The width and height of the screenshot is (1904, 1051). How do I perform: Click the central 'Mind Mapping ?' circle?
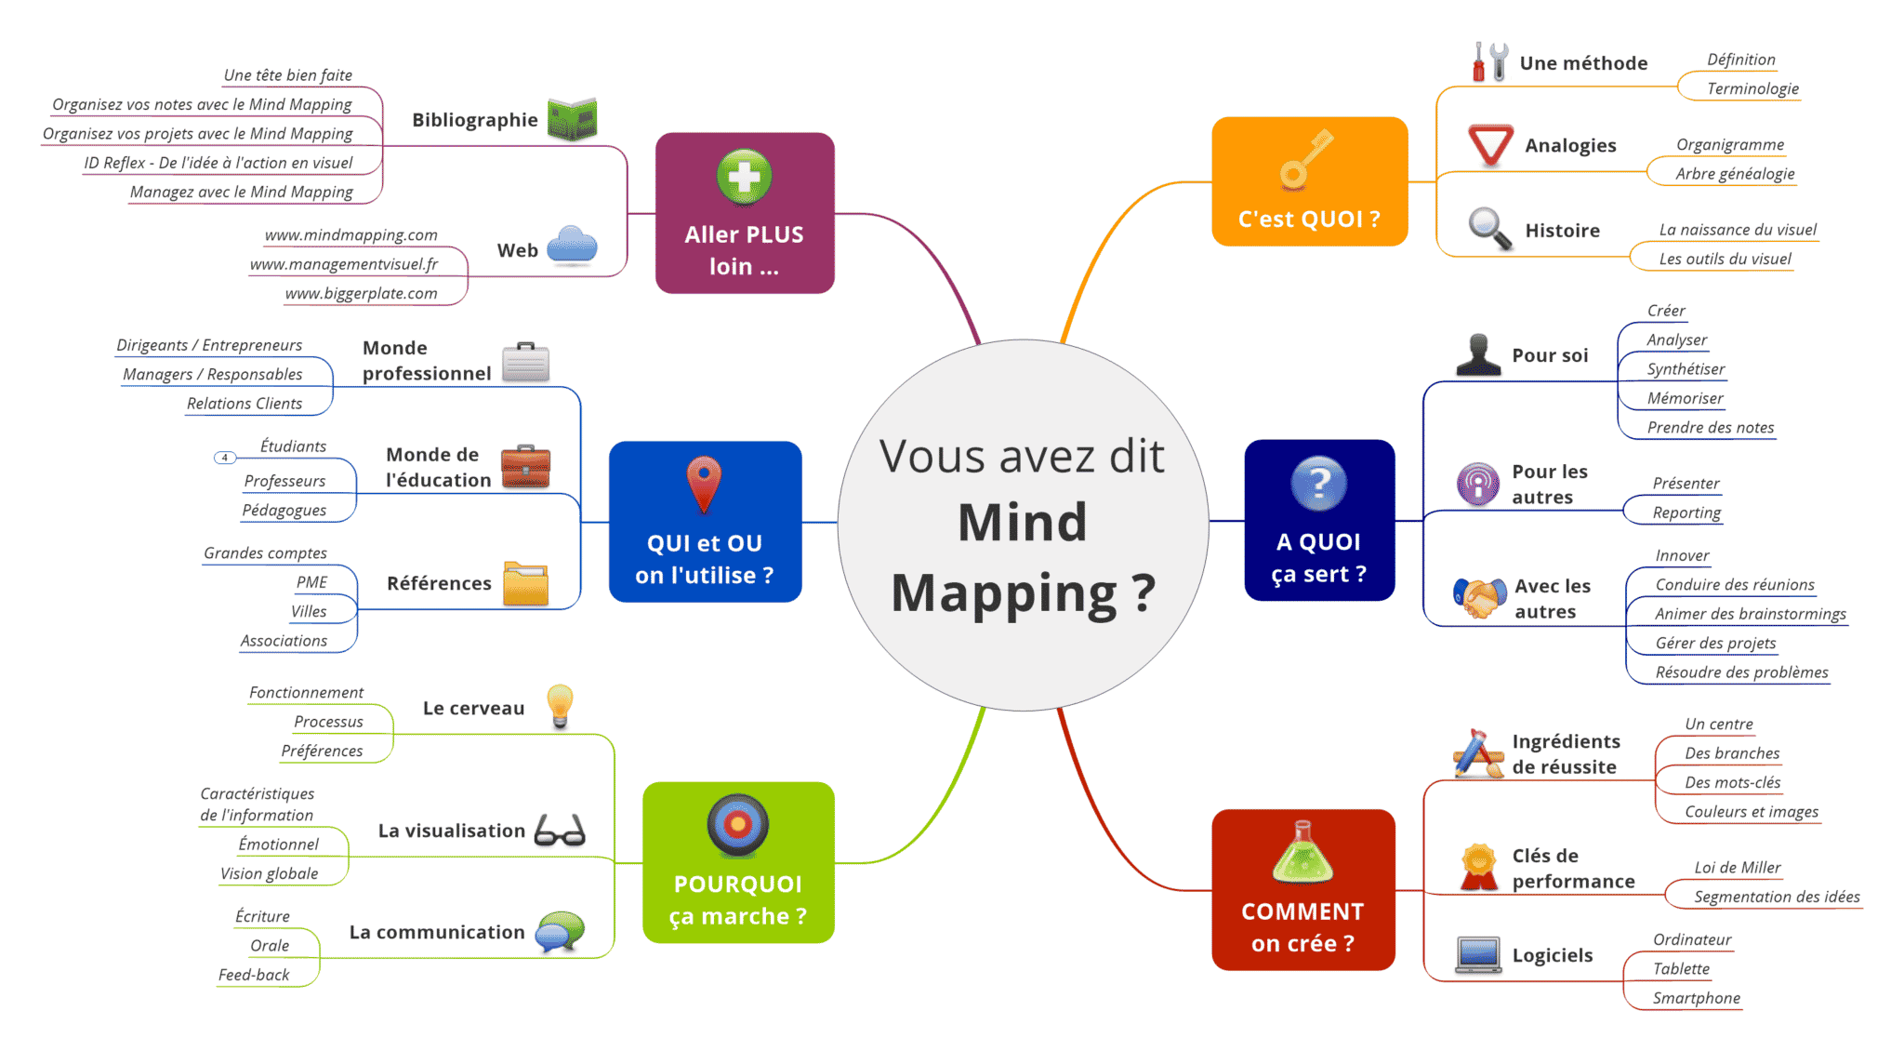[x=1023, y=525]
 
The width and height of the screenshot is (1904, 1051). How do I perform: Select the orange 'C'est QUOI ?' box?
[x=1309, y=182]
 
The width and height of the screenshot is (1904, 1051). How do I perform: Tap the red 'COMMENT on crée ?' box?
[x=1302, y=889]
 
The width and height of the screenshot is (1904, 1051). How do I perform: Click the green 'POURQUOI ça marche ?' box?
[x=738, y=862]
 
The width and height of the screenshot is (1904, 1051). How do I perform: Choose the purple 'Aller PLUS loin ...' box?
[x=744, y=213]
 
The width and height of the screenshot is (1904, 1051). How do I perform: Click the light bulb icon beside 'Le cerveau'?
[x=560, y=706]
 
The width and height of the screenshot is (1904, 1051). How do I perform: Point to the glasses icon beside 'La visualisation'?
[x=560, y=830]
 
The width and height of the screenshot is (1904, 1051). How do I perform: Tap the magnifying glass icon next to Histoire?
[x=1488, y=229]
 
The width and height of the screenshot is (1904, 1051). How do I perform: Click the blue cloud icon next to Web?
[x=572, y=246]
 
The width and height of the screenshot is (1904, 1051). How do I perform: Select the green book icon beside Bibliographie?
[x=572, y=119]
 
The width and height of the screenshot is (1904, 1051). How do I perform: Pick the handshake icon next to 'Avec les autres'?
[x=1479, y=598]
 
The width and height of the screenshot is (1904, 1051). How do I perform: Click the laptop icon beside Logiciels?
[x=1477, y=954]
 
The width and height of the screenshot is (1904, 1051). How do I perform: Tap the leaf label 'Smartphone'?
[x=1696, y=998]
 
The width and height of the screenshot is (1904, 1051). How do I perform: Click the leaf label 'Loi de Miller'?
[x=1737, y=867]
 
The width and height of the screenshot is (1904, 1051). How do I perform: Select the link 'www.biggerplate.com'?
[x=361, y=293]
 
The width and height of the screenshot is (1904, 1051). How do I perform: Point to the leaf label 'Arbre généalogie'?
[x=1735, y=173]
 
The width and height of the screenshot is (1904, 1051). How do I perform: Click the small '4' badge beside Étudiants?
[x=225, y=458]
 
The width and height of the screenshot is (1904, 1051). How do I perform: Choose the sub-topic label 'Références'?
[x=439, y=583]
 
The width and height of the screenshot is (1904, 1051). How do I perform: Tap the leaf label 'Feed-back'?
[x=254, y=975]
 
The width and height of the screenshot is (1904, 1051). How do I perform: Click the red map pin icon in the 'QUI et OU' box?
[x=704, y=484]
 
